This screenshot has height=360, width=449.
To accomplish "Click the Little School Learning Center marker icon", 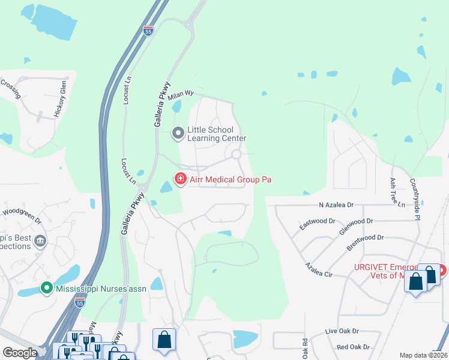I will click(x=178, y=133).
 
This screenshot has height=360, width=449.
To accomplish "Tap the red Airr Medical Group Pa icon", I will click(x=179, y=179).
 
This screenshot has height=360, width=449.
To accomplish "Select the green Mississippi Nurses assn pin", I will click(x=46, y=289).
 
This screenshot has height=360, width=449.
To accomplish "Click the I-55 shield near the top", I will click(x=148, y=31).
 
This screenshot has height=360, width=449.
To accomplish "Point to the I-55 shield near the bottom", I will click(x=80, y=304).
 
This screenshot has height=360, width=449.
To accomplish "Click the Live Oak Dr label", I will click(x=342, y=331).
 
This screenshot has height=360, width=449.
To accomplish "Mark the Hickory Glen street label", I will click(x=59, y=100).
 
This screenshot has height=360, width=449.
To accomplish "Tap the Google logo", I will click(x=20, y=353).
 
